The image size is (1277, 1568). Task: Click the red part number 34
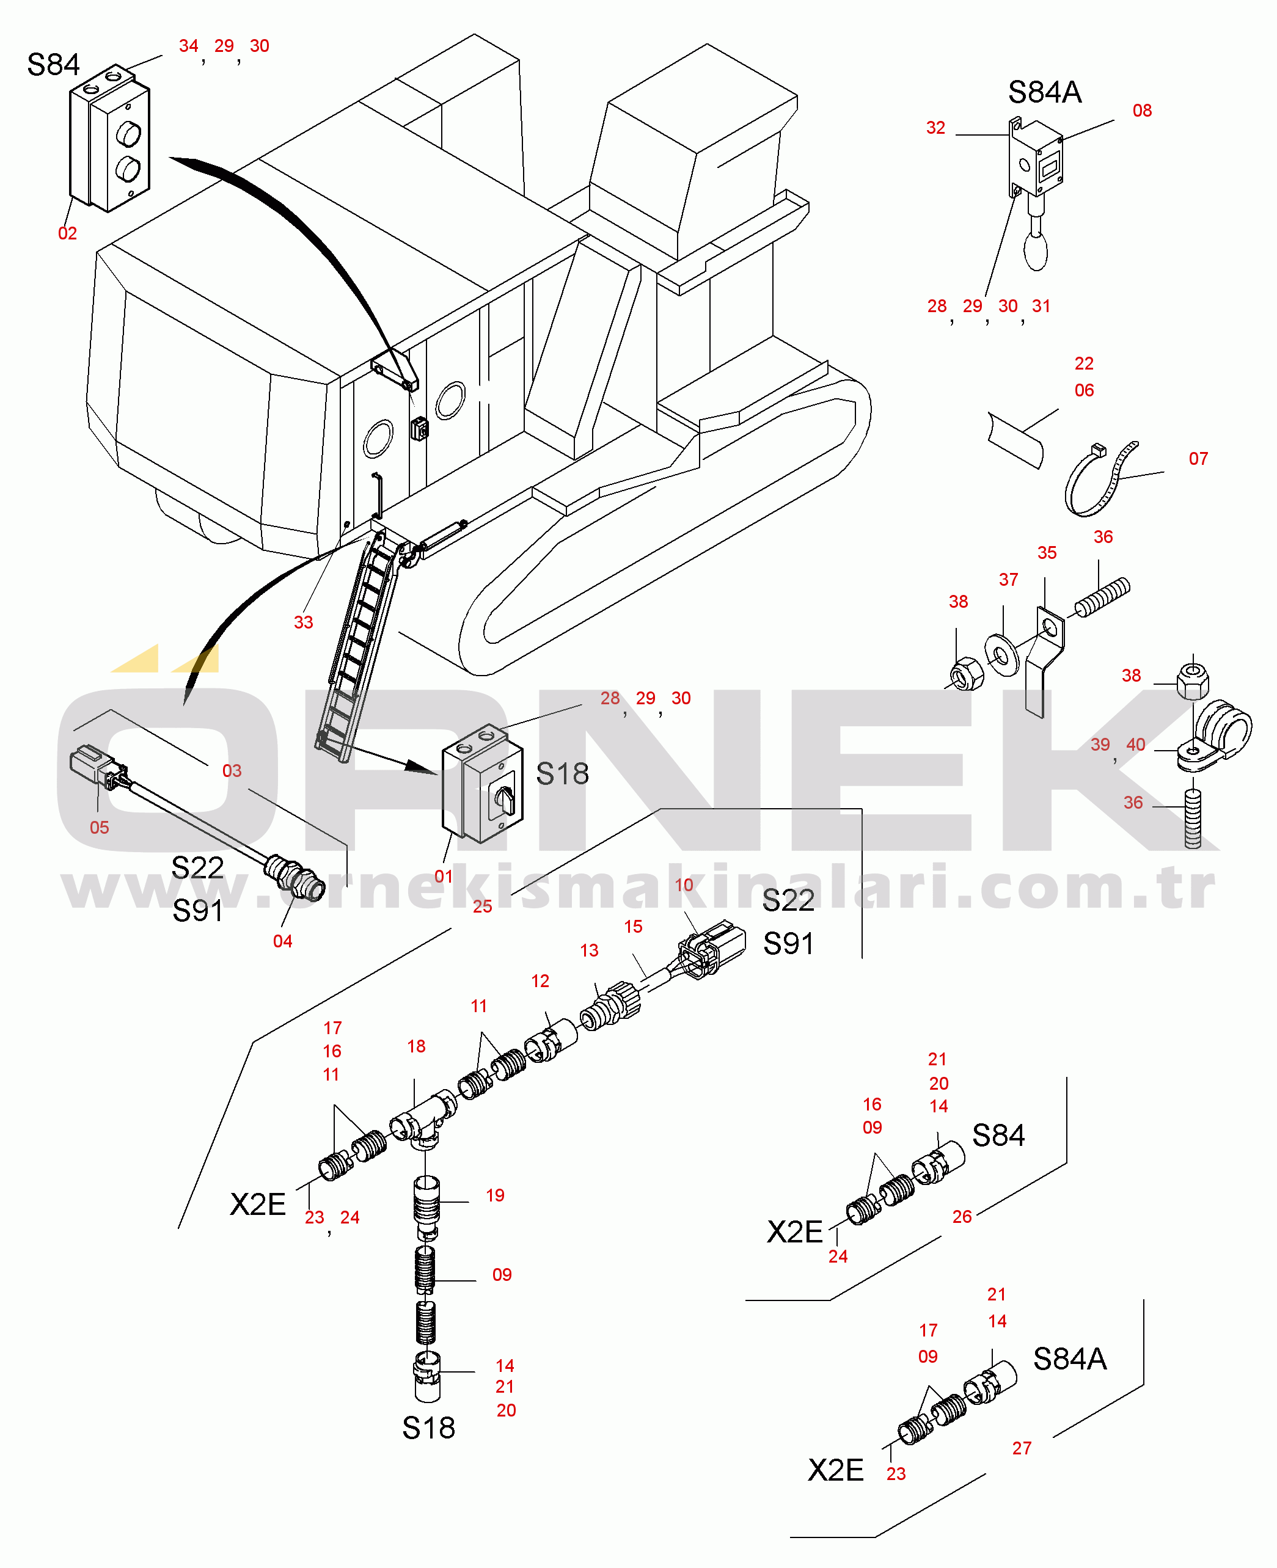tap(188, 46)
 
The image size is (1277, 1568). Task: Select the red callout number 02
tap(67, 233)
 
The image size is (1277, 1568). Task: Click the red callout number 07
tap(1198, 458)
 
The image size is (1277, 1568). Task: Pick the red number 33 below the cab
tap(303, 622)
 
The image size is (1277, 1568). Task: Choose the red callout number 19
tap(495, 1195)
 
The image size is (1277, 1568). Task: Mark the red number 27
tap(1022, 1448)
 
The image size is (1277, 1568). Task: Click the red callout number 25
tap(482, 906)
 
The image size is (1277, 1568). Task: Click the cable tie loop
tap(1100, 479)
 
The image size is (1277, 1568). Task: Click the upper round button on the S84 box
tap(129, 134)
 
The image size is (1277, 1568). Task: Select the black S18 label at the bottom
tap(428, 1428)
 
